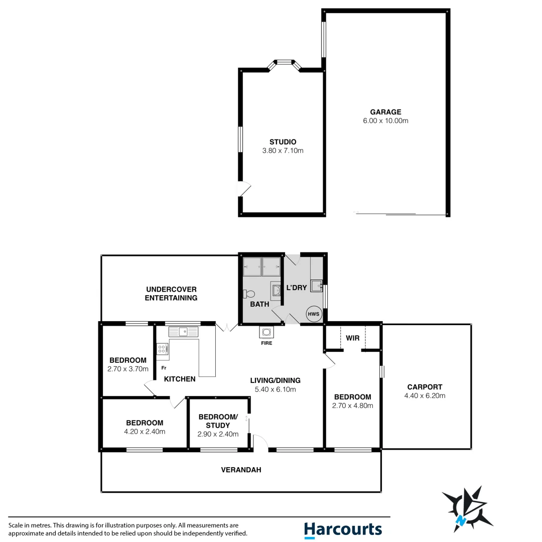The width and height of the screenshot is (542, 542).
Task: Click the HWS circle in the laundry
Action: point(313,314)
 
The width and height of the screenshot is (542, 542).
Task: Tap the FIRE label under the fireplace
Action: point(266,344)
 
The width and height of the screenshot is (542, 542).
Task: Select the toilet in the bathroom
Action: point(249,294)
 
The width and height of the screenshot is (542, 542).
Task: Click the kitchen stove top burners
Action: point(162,349)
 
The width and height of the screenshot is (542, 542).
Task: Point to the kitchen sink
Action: point(184,332)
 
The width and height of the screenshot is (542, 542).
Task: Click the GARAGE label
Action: point(385,112)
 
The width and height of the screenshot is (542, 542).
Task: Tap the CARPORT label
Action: point(425,387)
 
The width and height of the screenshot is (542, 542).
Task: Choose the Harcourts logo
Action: point(343,530)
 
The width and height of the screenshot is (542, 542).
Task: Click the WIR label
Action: point(353,338)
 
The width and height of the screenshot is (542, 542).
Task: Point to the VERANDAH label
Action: point(241,470)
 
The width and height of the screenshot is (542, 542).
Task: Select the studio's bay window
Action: point(285,63)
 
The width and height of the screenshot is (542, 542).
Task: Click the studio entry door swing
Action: point(244,189)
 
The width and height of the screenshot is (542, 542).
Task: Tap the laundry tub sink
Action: point(316,286)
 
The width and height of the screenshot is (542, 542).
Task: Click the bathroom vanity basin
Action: point(276,290)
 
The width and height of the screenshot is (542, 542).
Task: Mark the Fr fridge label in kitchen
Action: point(163,367)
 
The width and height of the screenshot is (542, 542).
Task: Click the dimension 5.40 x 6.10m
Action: point(276,389)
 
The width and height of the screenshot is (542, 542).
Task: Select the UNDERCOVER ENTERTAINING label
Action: point(171,294)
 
